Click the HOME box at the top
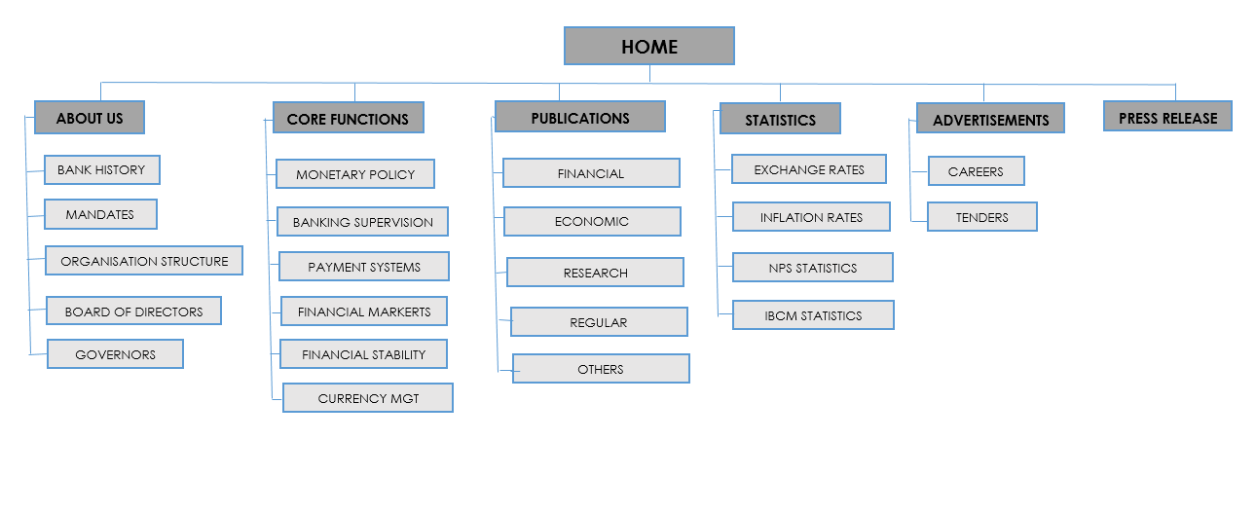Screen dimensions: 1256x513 pyautogui.click(x=649, y=46)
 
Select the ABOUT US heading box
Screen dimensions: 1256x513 pyautogui.click(x=90, y=118)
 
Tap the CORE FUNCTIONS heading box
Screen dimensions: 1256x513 pyautogui.click(x=349, y=118)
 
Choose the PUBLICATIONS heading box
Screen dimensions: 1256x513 pyautogui.click(x=580, y=117)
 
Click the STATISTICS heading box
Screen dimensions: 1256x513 pyautogui.click(x=780, y=119)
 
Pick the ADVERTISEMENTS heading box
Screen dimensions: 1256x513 pyautogui.click(x=990, y=119)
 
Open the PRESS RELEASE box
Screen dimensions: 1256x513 pyautogui.click(x=1167, y=116)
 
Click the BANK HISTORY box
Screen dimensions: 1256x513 pyautogui.click(x=102, y=170)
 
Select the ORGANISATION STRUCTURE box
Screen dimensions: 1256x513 pyautogui.click(x=144, y=261)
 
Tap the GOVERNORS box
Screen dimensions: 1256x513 pyautogui.click(x=116, y=353)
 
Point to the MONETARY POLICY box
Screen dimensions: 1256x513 pyautogui.click(x=355, y=174)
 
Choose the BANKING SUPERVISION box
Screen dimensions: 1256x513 pyautogui.click(x=363, y=222)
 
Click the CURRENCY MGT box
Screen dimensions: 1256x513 pyautogui.click(x=368, y=398)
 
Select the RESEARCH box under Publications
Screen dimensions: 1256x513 pyautogui.click(x=596, y=273)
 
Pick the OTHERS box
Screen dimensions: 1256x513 pyautogui.click(x=601, y=369)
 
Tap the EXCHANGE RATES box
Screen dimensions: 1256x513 pyautogui.click(x=809, y=169)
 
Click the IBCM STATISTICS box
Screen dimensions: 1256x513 pyautogui.click(x=814, y=315)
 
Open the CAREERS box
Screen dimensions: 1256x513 pyautogui.click(x=977, y=171)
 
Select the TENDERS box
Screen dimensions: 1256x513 pyautogui.click(x=982, y=217)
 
